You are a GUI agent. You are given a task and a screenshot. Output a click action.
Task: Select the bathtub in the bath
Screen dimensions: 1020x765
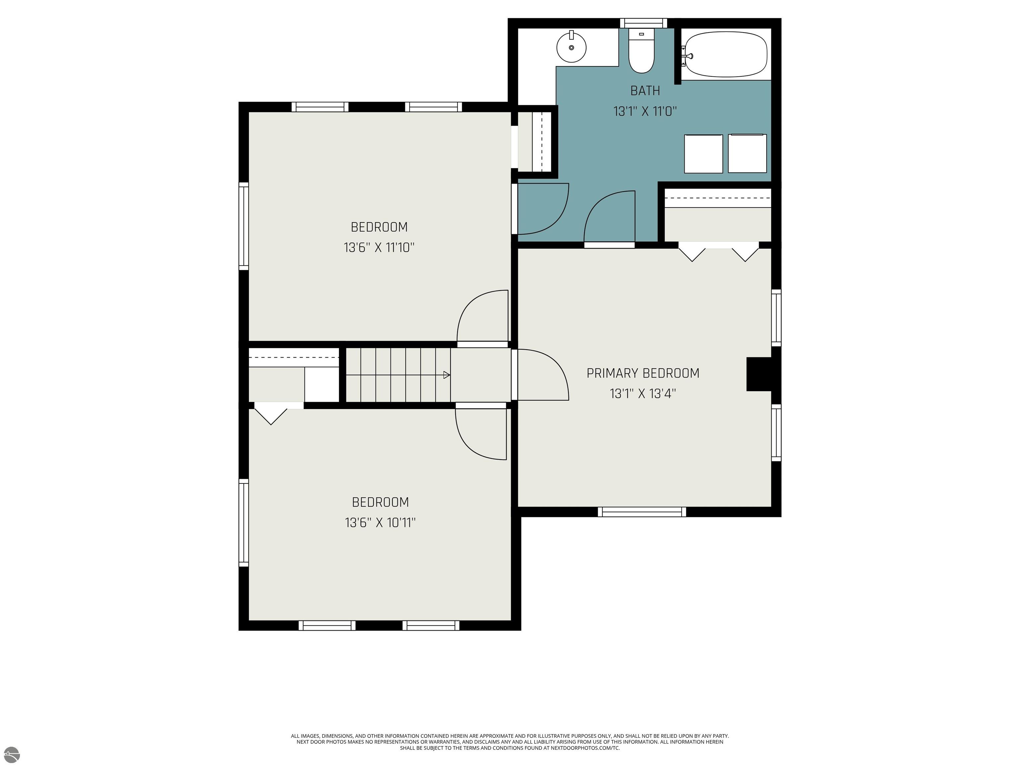coord(726,54)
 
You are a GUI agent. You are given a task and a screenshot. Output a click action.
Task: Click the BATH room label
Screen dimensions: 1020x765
coord(645,91)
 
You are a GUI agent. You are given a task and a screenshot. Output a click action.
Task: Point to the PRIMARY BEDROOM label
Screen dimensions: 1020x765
coord(643,373)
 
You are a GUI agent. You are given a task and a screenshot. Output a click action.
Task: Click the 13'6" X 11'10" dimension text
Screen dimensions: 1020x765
coord(379,248)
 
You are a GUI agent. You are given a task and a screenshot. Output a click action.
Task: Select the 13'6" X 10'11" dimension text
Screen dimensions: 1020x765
coord(381,522)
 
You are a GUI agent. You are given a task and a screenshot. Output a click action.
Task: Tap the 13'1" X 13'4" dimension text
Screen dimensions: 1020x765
coord(643,393)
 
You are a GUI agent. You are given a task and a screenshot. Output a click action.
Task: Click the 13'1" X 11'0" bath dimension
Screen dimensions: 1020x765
coord(645,111)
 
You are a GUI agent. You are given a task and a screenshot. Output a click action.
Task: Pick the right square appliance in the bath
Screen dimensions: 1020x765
coord(747,153)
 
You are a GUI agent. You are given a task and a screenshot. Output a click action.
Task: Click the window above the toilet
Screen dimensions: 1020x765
coord(643,23)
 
